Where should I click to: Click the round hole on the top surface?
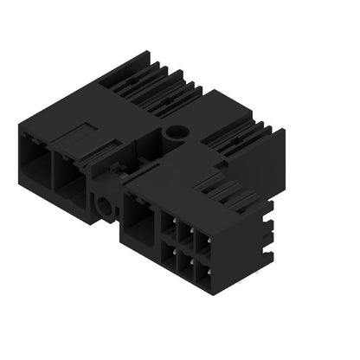[177, 132]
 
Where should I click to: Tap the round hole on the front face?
[106, 206]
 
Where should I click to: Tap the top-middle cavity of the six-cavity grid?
[183, 235]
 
